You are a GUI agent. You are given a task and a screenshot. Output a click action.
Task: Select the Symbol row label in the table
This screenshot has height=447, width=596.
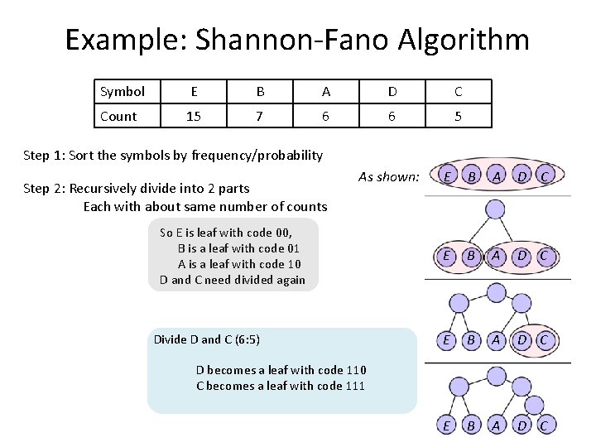point(122,91)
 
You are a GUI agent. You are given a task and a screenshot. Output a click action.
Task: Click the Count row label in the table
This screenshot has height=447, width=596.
point(118,116)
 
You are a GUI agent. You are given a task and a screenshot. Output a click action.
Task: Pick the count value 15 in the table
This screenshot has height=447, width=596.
point(194,116)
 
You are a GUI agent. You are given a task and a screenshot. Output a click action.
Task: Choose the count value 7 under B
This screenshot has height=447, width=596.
point(260,116)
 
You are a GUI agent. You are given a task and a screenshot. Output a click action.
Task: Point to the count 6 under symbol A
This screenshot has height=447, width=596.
point(326,116)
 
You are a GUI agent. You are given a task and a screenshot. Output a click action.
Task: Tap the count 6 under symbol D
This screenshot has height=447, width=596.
point(392,116)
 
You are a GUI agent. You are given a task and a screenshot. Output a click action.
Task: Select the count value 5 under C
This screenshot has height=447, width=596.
point(458,116)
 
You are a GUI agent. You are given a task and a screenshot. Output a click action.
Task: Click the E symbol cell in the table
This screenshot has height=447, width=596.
point(194,91)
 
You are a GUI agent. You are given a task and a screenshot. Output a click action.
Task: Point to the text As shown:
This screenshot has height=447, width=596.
point(389,175)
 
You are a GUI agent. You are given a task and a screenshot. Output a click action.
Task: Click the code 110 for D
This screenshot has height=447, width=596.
point(356,370)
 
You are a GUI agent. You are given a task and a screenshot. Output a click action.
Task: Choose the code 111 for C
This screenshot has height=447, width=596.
point(355,386)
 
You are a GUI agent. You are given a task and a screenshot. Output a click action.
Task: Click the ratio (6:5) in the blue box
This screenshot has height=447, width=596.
point(248,339)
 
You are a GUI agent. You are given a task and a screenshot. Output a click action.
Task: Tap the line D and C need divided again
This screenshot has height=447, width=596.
point(233,280)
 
